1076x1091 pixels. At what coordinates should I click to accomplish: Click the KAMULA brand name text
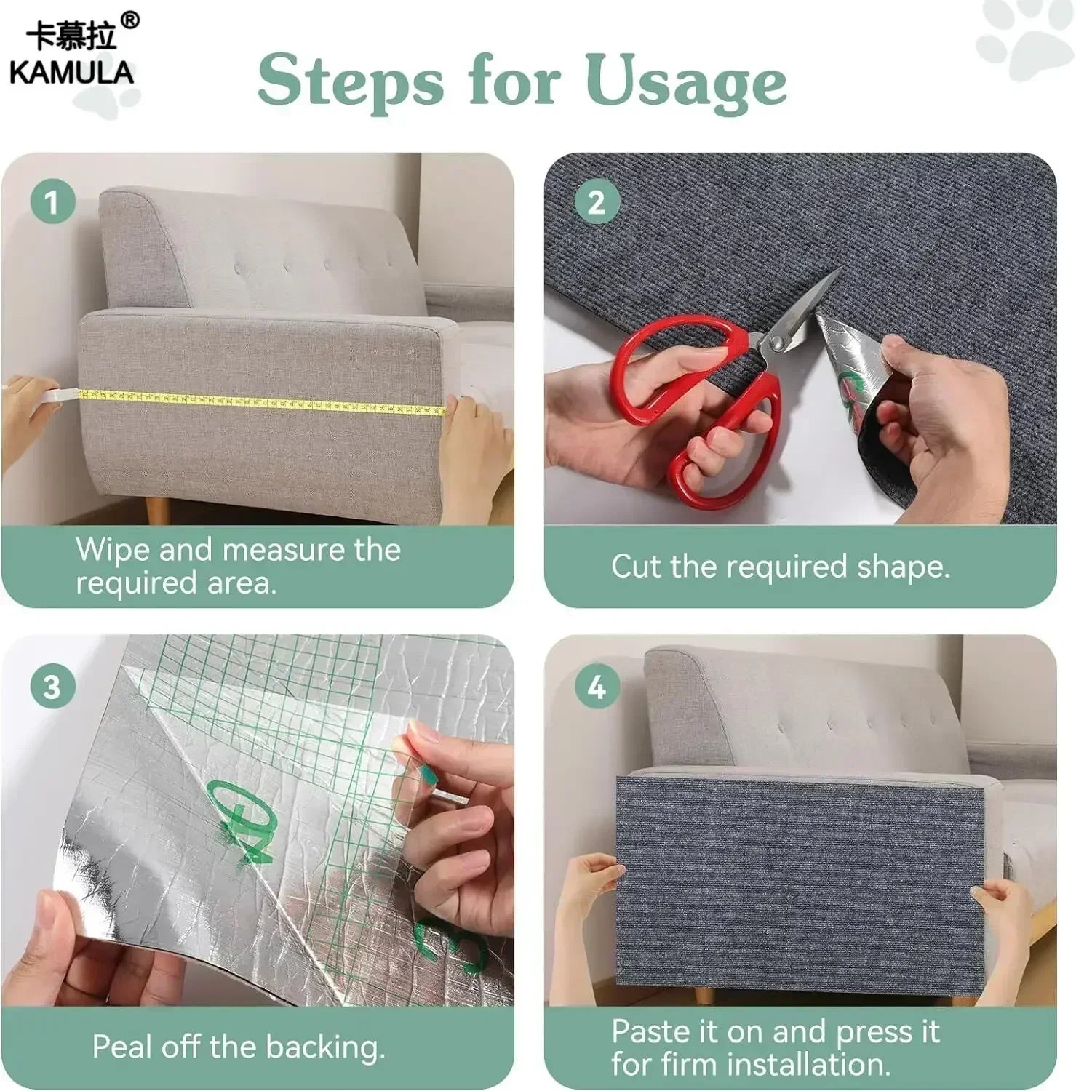(x=71, y=73)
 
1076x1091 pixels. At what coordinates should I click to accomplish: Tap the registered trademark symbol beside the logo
(x=129, y=20)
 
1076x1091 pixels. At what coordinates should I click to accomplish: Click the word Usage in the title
(x=685, y=81)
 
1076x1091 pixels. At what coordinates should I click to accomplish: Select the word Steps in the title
(x=350, y=81)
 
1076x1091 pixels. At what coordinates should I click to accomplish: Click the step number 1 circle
(x=52, y=201)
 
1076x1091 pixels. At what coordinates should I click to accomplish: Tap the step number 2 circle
(x=597, y=201)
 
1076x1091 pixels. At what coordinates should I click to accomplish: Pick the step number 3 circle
(x=52, y=686)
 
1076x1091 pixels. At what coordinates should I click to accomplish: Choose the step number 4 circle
(x=597, y=686)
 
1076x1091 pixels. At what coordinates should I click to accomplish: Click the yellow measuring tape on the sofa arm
(x=262, y=401)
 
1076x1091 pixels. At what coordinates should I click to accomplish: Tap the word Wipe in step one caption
(x=113, y=550)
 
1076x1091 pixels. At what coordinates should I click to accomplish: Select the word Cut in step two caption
(x=637, y=567)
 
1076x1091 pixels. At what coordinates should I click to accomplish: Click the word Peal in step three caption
(x=122, y=1047)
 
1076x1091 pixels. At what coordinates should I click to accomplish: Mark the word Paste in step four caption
(x=650, y=1031)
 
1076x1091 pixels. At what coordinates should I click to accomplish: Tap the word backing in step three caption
(x=324, y=1048)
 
